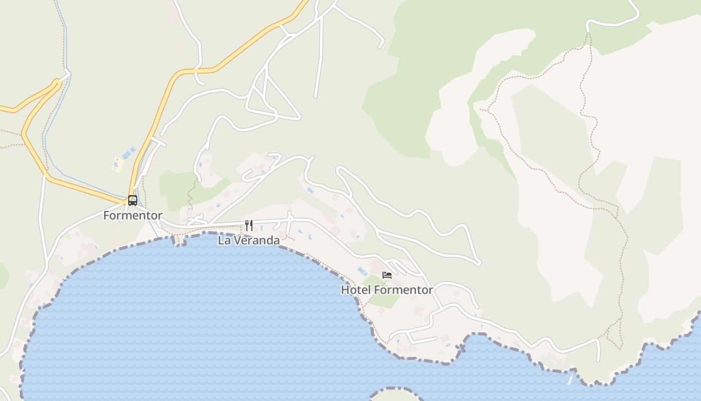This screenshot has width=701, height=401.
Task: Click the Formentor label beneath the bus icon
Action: tap(133, 216)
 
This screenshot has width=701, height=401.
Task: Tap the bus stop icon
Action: tap(133, 200)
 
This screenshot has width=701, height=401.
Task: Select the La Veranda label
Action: tap(249, 241)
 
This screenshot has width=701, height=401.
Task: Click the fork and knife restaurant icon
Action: tap(249, 226)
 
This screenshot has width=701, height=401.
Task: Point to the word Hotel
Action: tap(356, 290)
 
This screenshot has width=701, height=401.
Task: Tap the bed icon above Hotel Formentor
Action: tap(387, 275)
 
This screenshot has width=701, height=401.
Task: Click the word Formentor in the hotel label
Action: tap(403, 290)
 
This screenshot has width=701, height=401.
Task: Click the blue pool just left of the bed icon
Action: tap(362, 271)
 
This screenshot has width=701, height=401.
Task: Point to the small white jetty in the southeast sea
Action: tap(569, 379)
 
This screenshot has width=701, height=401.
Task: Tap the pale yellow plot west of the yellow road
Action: tap(117, 163)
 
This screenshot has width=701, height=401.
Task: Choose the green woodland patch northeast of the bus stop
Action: tap(175, 188)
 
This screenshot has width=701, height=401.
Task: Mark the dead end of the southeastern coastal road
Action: tap(598, 360)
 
